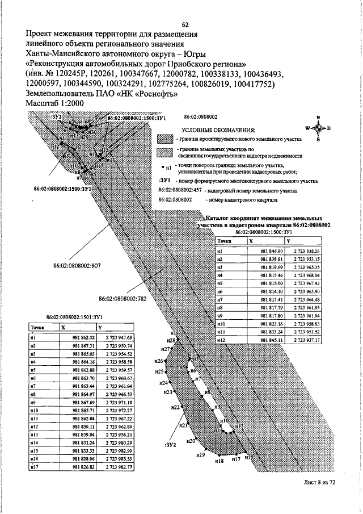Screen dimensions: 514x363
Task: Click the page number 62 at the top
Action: pos(185,24)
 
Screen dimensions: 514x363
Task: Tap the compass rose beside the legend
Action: pos(318,128)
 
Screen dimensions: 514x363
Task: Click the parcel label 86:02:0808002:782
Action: pos(123,298)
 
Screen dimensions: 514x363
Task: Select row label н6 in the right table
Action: pos(220,291)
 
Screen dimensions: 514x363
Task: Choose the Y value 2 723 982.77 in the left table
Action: pos(119,466)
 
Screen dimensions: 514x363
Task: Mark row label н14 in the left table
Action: pos(35,442)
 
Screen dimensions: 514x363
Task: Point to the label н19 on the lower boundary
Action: pos(200,455)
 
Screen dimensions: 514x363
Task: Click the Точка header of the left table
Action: pos(38,328)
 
